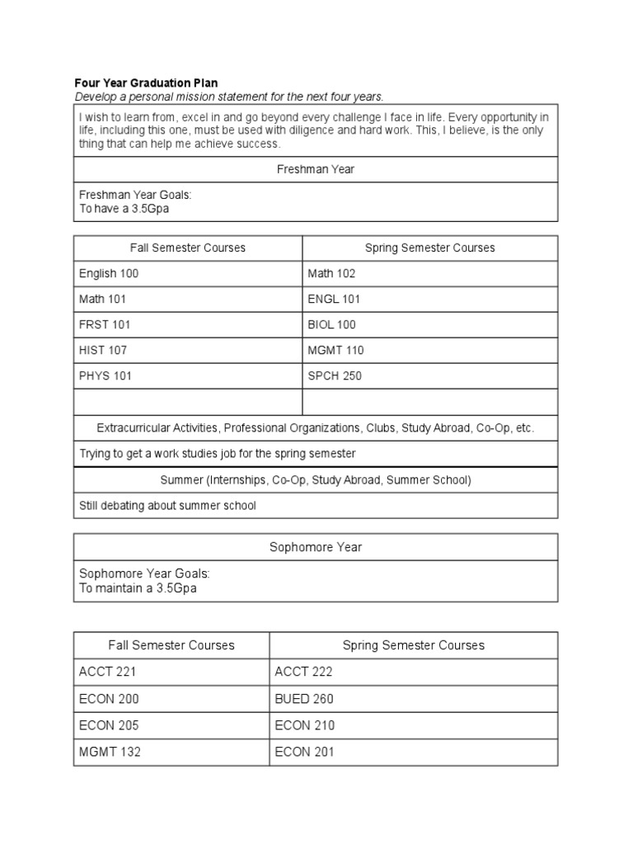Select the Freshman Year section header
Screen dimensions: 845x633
[316, 169]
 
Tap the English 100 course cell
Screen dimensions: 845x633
[109, 273]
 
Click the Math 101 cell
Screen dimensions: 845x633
[102, 299]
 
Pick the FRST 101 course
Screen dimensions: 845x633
[105, 324]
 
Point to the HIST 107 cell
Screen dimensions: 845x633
[103, 350]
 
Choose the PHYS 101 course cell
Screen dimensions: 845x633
[105, 375]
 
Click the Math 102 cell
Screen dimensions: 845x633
[331, 273]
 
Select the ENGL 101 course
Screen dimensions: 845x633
[334, 299]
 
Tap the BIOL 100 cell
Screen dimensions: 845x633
[332, 324]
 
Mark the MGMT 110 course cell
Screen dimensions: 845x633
[335, 350]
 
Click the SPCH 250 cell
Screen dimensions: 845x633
[335, 375]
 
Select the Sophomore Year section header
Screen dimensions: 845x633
[316, 547]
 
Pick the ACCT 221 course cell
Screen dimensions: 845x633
[108, 672]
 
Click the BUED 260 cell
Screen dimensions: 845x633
[304, 699]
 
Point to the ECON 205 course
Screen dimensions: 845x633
[109, 725]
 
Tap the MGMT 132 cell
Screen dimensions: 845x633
[110, 752]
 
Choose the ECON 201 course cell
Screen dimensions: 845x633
[304, 752]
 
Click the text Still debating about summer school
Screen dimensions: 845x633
[167, 505]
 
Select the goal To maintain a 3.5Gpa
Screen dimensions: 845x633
[138, 589]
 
